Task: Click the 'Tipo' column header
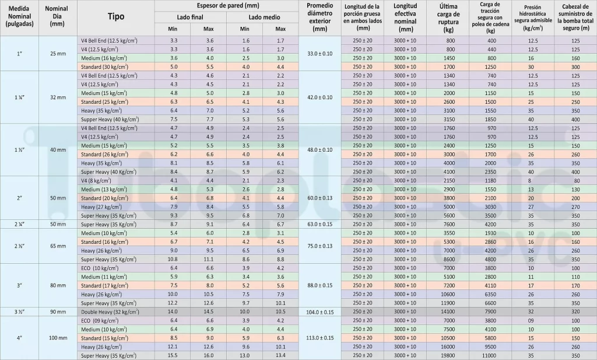pos(116,16)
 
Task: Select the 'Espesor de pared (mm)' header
pos(227,5)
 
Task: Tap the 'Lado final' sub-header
pos(191,18)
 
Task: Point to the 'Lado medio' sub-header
pos(263,18)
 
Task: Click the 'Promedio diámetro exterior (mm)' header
pos(319,16)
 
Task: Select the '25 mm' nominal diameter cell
pos(58,54)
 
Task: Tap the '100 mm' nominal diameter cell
pos(58,338)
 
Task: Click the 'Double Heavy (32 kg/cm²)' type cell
pos(110,312)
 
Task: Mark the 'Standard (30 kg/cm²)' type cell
pos(110,67)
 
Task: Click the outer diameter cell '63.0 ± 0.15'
pos(319,224)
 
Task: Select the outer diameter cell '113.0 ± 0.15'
pos(319,338)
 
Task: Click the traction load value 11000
pos(491,355)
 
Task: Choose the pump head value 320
pos(575,312)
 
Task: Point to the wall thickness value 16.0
pos(209,355)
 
